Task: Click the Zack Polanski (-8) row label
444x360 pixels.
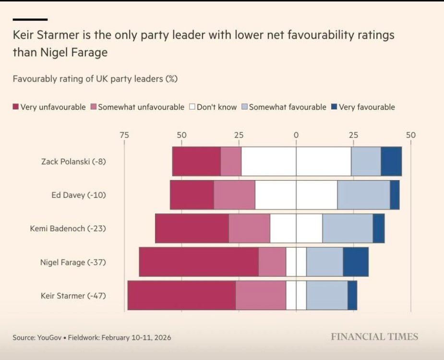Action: pos(73,161)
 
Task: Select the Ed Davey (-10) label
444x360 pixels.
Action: pos(79,195)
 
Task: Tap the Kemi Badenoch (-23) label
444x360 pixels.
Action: pos(68,228)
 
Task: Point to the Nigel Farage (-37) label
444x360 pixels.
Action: pos(73,262)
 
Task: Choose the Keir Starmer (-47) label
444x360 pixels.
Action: pos(73,296)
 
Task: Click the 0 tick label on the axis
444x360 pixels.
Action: pos(296,135)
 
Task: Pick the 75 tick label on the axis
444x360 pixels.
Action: pos(124,135)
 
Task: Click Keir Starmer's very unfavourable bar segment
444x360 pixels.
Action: pos(181,296)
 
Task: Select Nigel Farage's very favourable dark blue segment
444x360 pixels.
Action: pos(356,262)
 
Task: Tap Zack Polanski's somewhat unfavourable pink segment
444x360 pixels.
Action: pos(231,161)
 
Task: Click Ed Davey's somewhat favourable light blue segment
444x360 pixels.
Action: pos(363,195)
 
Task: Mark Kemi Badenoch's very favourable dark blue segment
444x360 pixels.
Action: pos(379,228)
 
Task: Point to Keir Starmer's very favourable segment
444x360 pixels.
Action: pos(352,296)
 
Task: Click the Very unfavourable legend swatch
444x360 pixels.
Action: pos(15,107)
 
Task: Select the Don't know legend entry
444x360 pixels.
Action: pos(213,107)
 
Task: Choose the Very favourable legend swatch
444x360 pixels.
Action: pos(334,107)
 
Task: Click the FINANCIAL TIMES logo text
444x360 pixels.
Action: pos(374,337)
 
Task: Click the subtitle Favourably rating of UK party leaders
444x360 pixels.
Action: pos(95,79)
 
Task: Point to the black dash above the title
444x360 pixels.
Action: pos(30,19)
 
